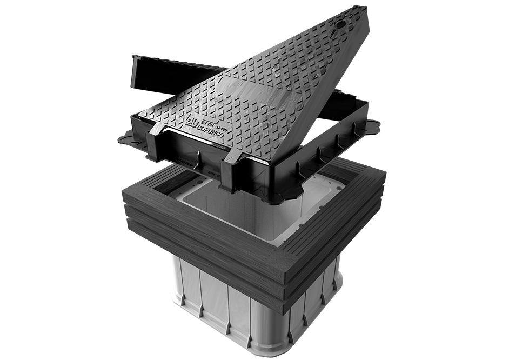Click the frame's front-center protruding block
[x=230, y=173]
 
